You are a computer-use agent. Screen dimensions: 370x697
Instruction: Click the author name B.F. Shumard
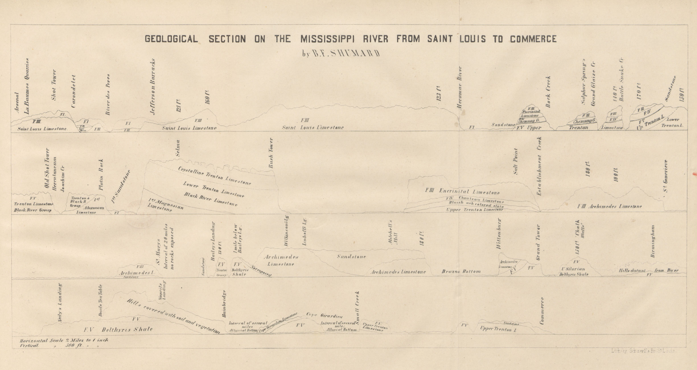[x=341, y=53]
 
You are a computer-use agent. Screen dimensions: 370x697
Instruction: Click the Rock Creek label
[x=548, y=92]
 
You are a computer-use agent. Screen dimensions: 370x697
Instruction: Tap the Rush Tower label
[x=271, y=153]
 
